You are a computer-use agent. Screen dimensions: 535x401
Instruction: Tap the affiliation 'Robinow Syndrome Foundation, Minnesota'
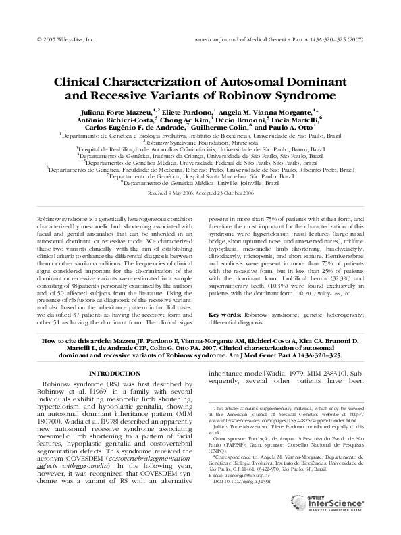coord(200,143)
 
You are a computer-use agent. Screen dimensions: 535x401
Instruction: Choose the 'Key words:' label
coord(225,315)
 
